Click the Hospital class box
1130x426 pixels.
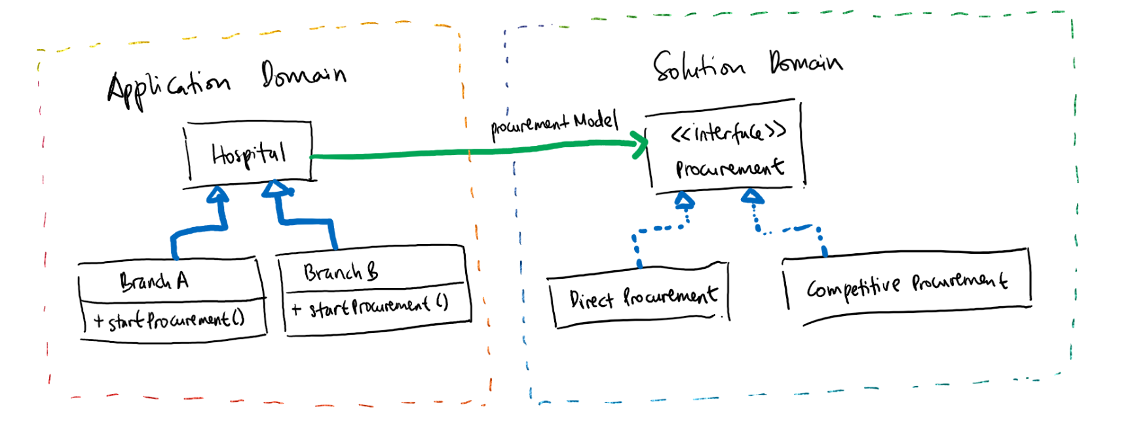[x=249, y=153]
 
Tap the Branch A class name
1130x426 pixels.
[x=155, y=281]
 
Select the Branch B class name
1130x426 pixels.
[x=341, y=271]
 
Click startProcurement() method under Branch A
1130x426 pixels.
[x=169, y=320]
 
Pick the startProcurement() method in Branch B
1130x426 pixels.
[x=371, y=306]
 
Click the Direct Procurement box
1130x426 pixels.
[x=642, y=297]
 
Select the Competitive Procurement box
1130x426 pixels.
[x=907, y=283]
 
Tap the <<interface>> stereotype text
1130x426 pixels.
[x=728, y=133]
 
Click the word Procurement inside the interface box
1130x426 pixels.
[x=730, y=168]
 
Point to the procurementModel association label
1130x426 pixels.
[x=554, y=123]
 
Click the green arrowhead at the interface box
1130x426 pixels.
[x=639, y=145]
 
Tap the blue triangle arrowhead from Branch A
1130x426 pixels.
[x=218, y=194]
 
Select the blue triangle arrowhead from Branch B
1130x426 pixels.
[x=276, y=189]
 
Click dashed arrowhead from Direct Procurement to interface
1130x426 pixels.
[x=685, y=199]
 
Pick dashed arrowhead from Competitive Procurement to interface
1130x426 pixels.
[x=752, y=196]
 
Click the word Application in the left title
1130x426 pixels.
[x=168, y=87]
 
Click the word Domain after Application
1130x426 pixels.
[x=303, y=75]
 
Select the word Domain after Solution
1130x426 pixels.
[x=806, y=63]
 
